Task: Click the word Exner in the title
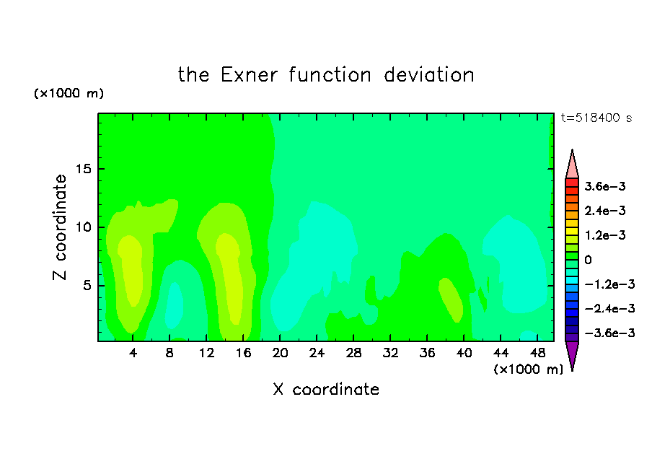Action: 249,75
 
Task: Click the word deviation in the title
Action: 428,75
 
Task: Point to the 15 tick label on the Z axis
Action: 83,169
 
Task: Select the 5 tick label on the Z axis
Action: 87,286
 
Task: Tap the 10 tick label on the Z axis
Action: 83,227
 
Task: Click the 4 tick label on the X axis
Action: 133,353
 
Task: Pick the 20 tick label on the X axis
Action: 280,353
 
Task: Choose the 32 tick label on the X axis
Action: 390,353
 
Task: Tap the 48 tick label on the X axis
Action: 537,353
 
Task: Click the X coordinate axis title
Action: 326,389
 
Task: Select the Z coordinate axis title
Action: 59,227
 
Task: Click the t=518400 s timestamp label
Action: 596,118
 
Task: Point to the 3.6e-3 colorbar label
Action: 605,186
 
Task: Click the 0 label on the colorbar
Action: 588,260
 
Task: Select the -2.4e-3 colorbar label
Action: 609,309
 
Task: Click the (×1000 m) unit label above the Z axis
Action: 69,93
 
